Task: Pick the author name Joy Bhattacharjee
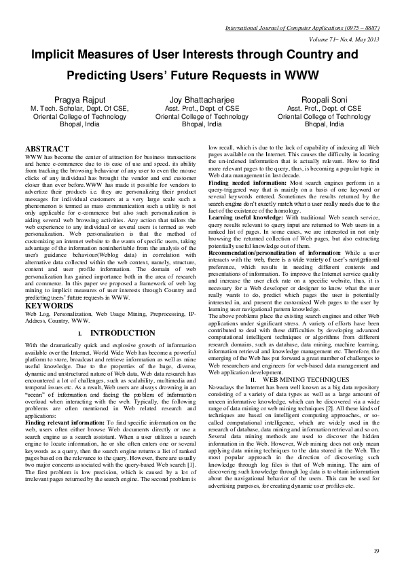tap(202, 99)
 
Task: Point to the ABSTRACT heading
tap(47, 148)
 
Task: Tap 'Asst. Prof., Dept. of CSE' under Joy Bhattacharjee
tap(202, 108)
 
